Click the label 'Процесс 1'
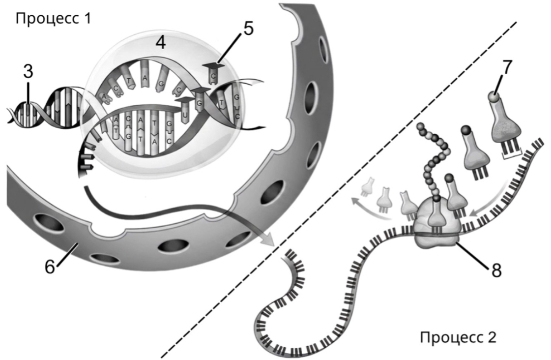[54, 18]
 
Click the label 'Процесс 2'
[458, 337]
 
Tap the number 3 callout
[28, 71]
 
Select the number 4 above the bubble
[161, 42]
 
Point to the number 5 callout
[248, 29]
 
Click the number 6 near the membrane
[50, 267]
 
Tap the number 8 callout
[496, 270]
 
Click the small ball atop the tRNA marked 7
[494, 97]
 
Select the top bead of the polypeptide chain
[420, 127]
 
